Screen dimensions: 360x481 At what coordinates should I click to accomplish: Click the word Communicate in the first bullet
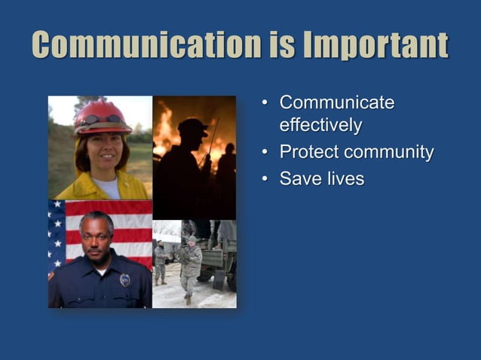click(x=336, y=102)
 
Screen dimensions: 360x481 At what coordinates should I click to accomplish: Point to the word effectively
click(x=320, y=125)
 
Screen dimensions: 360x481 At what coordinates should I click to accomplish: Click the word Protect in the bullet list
click(x=308, y=152)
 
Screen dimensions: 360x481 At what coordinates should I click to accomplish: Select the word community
click(x=388, y=152)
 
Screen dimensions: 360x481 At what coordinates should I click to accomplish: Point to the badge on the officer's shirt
click(x=124, y=279)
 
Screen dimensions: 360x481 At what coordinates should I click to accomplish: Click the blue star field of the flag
click(x=56, y=230)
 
